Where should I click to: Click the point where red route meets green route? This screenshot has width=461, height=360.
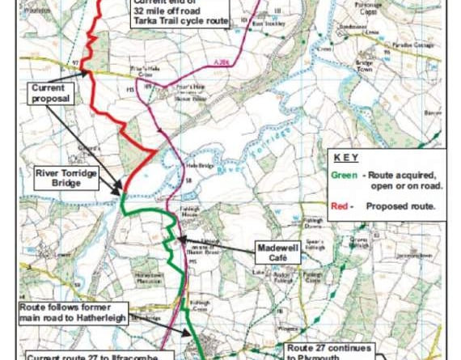122,193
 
